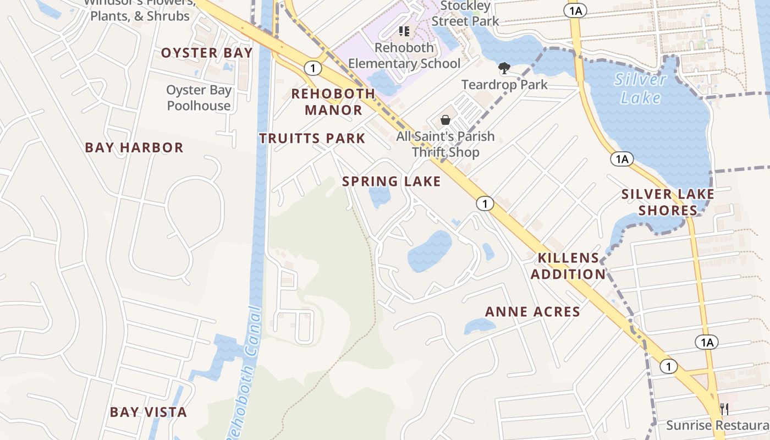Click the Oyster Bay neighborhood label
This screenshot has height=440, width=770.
[x=207, y=53]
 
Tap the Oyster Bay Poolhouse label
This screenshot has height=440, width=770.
[x=199, y=98]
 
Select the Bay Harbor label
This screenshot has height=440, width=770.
[x=134, y=147]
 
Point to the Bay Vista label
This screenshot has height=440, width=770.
[x=148, y=412]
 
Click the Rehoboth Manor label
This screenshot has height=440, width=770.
[x=333, y=102]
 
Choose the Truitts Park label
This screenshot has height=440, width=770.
[x=312, y=139]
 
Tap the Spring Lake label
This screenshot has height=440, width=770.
[x=392, y=182]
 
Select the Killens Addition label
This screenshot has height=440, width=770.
[x=569, y=266]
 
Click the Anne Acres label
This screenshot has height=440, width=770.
[x=532, y=312]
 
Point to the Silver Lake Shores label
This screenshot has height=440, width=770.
[x=668, y=202]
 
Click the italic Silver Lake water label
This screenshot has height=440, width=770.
[x=641, y=89]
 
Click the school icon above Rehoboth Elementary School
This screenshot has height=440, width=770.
[x=404, y=31]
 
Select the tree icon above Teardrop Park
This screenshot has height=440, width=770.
[x=504, y=68]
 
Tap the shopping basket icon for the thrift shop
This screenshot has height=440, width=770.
[x=446, y=120]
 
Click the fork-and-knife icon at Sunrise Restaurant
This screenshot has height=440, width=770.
[x=724, y=409]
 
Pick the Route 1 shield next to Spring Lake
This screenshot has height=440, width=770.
[x=485, y=204]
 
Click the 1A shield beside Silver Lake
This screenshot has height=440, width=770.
[x=622, y=159]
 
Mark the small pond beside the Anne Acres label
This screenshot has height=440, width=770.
[x=476, y=327]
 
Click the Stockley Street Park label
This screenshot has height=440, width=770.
[x=465, y=14]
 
